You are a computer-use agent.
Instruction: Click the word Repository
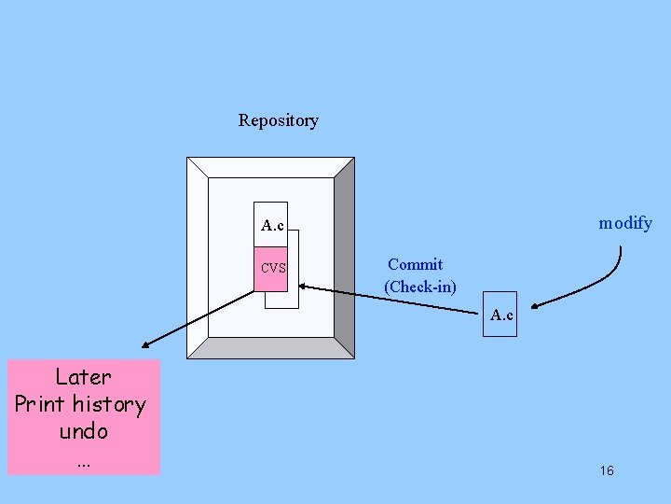(278, 120)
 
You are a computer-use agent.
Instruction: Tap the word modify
(624, 223)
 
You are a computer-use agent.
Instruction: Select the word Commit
(415, 265)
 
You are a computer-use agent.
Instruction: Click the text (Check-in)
(420, 287)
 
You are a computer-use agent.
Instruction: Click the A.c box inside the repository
(273, 225)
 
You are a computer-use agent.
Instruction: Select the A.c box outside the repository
(501, 315)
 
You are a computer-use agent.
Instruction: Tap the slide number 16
(607, 470)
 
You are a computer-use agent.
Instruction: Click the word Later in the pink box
(83, 377)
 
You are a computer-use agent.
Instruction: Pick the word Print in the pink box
(40, 405)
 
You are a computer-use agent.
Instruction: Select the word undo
(84, 431)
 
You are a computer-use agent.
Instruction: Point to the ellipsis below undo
(84, 460)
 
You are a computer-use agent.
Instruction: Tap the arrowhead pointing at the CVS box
(304, 287)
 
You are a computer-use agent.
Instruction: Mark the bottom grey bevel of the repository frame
(270, 348)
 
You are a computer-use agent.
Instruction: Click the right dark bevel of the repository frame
(344, 257)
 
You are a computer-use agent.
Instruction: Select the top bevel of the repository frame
(270, 166)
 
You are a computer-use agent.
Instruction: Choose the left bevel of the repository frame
(197, 257)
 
